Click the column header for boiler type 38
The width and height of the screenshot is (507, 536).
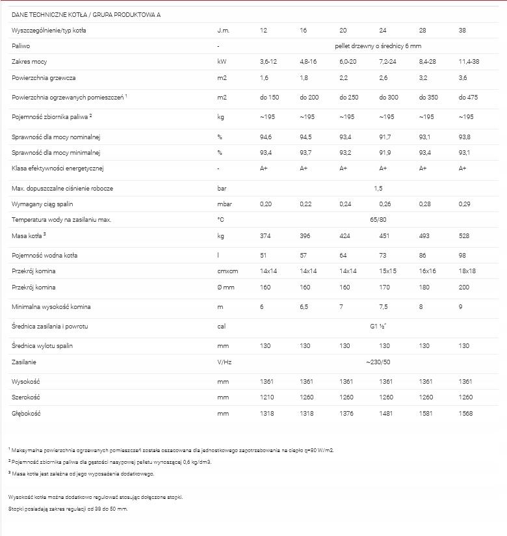tap(463, 31)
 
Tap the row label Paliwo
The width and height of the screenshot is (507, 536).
tap(21, 46)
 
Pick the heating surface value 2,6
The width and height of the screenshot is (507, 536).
tap(383, 78)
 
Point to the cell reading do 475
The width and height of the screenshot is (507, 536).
tap(468, 98)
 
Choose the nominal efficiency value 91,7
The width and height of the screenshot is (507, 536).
tap(385, 137)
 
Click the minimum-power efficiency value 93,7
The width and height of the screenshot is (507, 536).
tap(306, 153)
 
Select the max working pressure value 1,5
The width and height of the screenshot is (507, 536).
tap(378, 188)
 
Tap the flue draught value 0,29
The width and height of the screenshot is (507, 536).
tap(465, 204)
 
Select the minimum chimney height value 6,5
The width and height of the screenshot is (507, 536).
tap(304, 306)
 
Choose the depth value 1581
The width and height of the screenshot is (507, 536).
tap(426, 413)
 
